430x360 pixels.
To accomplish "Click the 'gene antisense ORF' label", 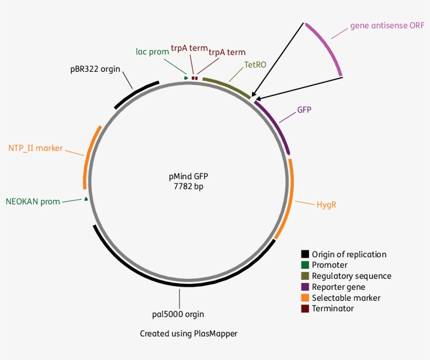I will pos(387,25).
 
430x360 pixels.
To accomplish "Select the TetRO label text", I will pos(255,64).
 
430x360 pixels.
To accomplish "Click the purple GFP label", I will pos(304,110).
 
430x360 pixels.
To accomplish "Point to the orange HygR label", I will pos(326,204).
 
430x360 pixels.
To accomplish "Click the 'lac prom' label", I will pos(152,51).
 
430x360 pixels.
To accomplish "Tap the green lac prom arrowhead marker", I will pos(186,78).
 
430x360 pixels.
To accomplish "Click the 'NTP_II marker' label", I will pos(35,148).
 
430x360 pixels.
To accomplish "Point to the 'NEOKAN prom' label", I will pos(33,201).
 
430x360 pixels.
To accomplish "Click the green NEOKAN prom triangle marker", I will pos(85,199).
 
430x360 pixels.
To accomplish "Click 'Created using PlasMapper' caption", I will pos(188,333).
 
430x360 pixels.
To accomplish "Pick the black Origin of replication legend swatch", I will pos(305,255).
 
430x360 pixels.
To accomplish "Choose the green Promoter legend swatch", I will pos(305,265).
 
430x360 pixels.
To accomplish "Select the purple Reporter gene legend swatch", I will pos(305,287).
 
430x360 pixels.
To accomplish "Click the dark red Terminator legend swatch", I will pos(305,308).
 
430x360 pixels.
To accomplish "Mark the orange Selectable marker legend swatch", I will pos(305,298).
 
